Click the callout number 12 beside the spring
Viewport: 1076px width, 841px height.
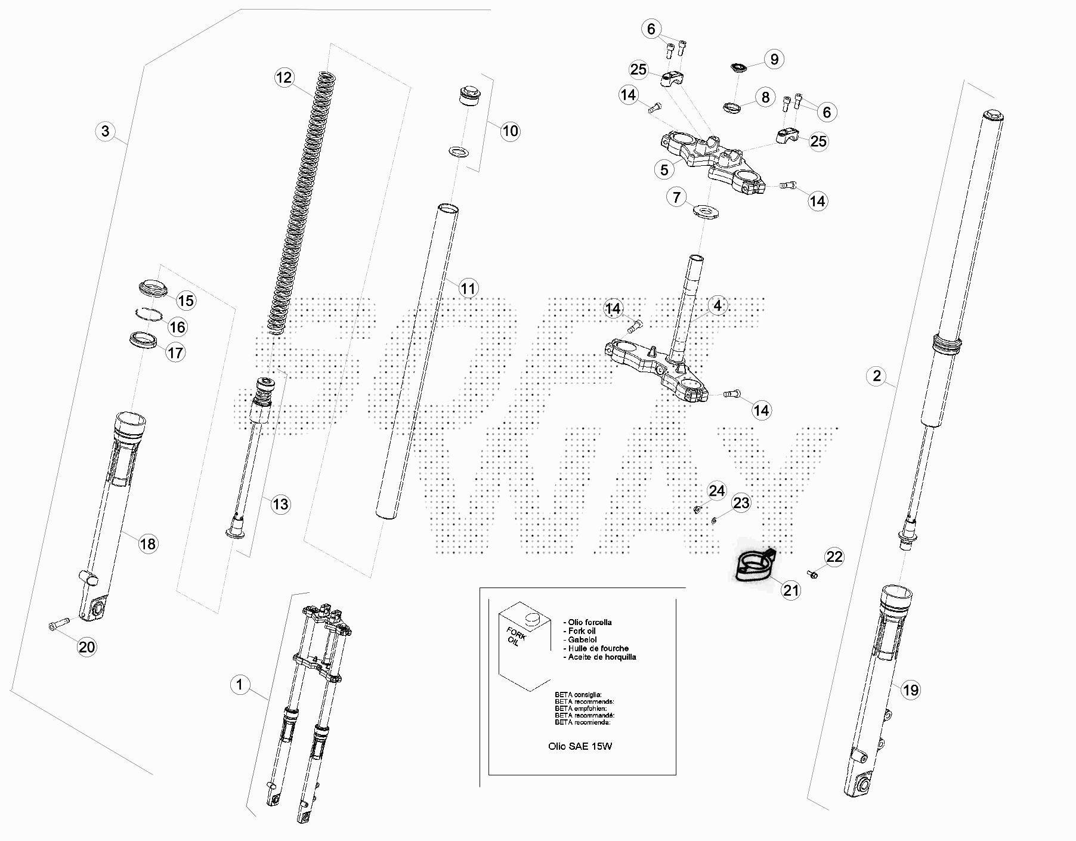[284, 78]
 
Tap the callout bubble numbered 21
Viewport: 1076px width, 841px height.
[791, 590]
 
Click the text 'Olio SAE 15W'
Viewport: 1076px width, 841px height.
[580, 746]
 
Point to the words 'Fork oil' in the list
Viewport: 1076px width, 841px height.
[582, 631]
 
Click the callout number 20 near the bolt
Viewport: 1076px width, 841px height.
[87, 647]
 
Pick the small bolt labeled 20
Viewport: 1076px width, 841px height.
[58, 624]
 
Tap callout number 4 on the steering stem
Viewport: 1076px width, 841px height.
[718, 305]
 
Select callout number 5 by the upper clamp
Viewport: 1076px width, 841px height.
[664, 170]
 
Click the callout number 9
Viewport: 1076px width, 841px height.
[774, 59]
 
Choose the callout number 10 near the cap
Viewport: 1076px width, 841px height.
[510, 131]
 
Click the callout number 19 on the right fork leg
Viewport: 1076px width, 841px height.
[910, 690]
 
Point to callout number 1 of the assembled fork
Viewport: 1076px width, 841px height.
[240, 684]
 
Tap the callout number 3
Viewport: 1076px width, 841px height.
[106, 131]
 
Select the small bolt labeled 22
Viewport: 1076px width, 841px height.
[812, 574]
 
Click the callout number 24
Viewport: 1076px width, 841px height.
[716, 491]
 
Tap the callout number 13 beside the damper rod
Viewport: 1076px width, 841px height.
[280, 504]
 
